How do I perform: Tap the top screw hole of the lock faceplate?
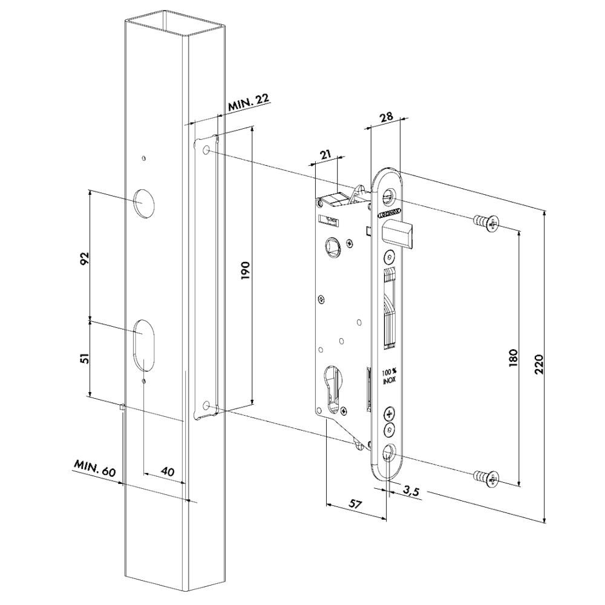[x=389, y=197]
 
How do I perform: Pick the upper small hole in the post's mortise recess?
[x=208, y=149]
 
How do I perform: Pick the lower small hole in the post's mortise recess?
[x=208, y=405]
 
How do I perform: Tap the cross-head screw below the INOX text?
[x=388, y=415]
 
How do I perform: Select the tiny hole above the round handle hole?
[x=143, y=159]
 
